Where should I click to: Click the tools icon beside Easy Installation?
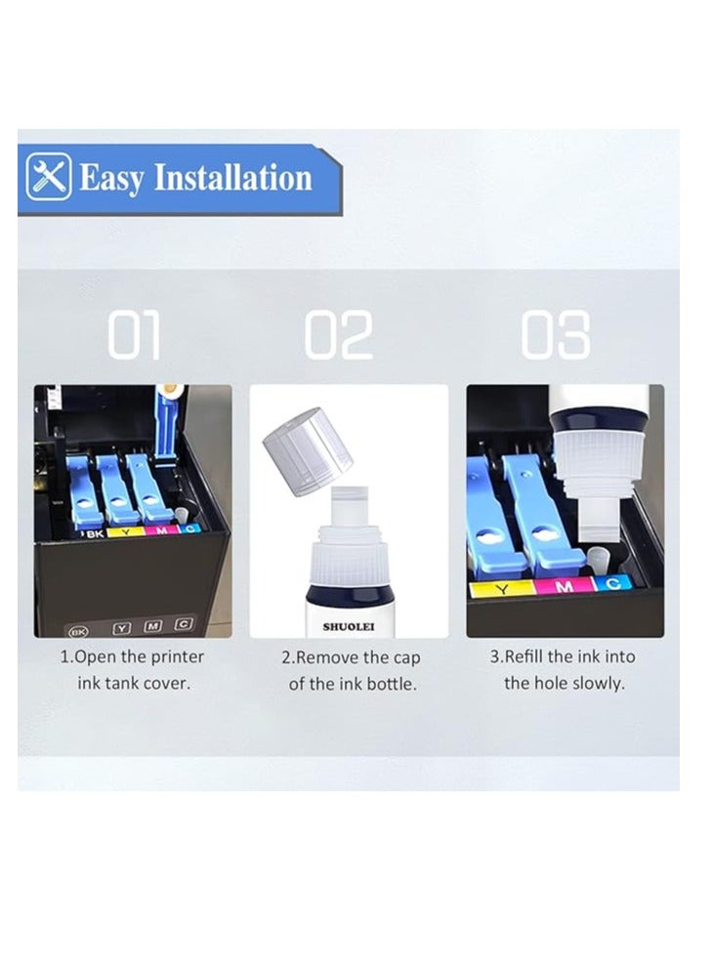pyautogui.click(x=49, y=178)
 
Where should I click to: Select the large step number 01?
pyautogui.click(x=134, y=336)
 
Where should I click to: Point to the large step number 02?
pyautogui.click(x=339, y=336)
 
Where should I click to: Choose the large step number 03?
pyautogui.click(x=555, y=336)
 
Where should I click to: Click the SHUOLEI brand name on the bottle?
pyautogui.click(x=349, y=626)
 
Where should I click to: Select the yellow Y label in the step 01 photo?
pyautogui.click(x=125, y=533)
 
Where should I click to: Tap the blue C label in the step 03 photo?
pyautogui.click(x=613, y=583)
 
